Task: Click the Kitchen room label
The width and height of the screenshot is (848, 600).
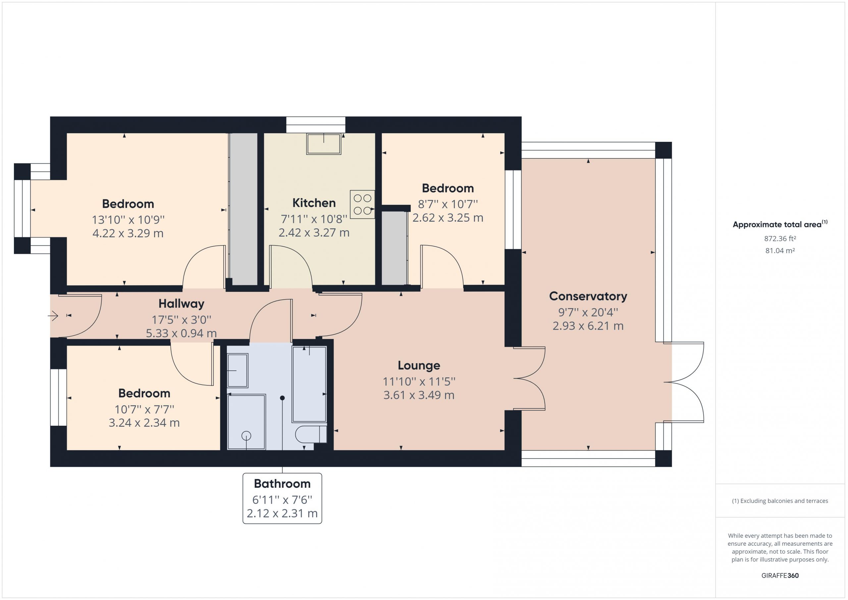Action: [314, 203]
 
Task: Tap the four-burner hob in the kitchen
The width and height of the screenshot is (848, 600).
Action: [362, 204]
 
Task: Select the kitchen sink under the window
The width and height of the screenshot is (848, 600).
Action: [324, 144]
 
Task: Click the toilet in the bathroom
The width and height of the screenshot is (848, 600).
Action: [311, 434]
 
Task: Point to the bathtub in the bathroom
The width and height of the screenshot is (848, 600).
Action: [309, 384]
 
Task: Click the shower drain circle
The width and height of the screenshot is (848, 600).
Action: [246, 436]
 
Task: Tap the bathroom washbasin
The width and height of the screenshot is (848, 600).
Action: [237, 370]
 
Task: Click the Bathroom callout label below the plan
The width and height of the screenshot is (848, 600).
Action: [282, 484]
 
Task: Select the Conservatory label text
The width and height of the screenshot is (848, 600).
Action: [588, 296]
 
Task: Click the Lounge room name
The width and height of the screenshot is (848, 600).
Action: [419, 365]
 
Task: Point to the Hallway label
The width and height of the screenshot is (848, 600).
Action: [181, 304]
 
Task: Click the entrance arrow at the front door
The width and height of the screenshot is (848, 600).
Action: [53, 316]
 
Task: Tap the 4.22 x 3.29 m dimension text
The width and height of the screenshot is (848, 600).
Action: [128, 234]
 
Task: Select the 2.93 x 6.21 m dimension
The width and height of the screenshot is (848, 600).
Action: [588, 326]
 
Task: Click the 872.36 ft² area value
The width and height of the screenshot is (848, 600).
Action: [780, 239]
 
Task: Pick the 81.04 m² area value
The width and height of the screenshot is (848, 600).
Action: [780, 250]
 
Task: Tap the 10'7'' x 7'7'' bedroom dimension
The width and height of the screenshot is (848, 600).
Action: [144, 409]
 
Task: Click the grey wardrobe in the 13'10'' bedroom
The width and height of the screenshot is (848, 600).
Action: [243, 209]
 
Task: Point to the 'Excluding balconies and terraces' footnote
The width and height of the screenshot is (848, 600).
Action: [780, 501]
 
